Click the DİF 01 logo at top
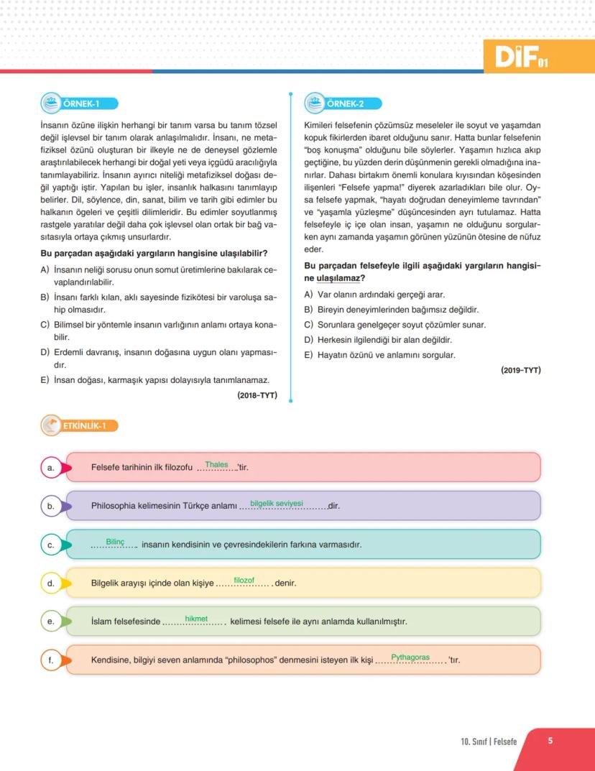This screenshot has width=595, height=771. click(522, 55)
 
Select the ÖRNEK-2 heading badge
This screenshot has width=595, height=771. click(343, 103)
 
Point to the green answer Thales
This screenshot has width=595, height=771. click(216, 464)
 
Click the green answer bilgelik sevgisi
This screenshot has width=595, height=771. click(277, 503)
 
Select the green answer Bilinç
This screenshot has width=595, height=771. click(115, 541)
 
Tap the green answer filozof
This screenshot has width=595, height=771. click(244, 580)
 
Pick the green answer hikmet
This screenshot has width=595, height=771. click(195, 618)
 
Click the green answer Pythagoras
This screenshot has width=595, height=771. click(410, 657)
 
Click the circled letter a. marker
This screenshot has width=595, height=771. click(51, 468)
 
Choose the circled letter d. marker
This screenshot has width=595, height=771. click(51, 583)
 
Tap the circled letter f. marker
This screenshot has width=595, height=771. click(51, 660)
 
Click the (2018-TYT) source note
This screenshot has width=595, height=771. click(257, 394)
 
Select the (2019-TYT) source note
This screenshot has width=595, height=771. click(521, 370)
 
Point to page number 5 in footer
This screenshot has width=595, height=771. click(550, 741)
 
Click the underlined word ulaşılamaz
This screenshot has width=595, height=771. click(339, 278)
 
